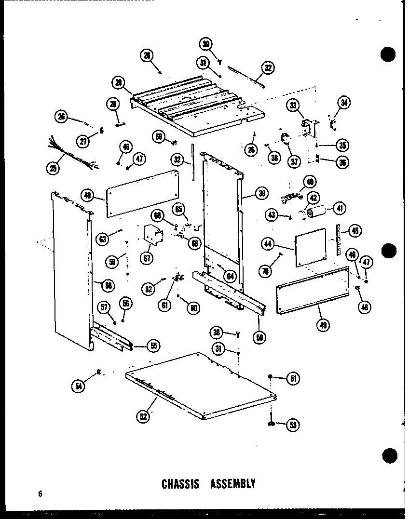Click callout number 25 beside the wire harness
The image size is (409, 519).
point(52,168)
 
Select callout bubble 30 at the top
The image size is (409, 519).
point(206,45)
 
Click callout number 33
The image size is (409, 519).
point(292,105)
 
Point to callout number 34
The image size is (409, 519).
point(344,102)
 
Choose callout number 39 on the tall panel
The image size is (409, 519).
point(261,194)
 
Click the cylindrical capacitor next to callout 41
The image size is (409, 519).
point(318,212)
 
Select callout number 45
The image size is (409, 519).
point(355,231)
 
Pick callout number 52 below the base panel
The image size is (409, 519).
point(143,417)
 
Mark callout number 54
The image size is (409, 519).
point(77,386)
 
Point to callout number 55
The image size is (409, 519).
point(153,345)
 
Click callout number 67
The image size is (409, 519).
point(147,257)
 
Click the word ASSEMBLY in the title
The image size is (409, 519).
point(232,483)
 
